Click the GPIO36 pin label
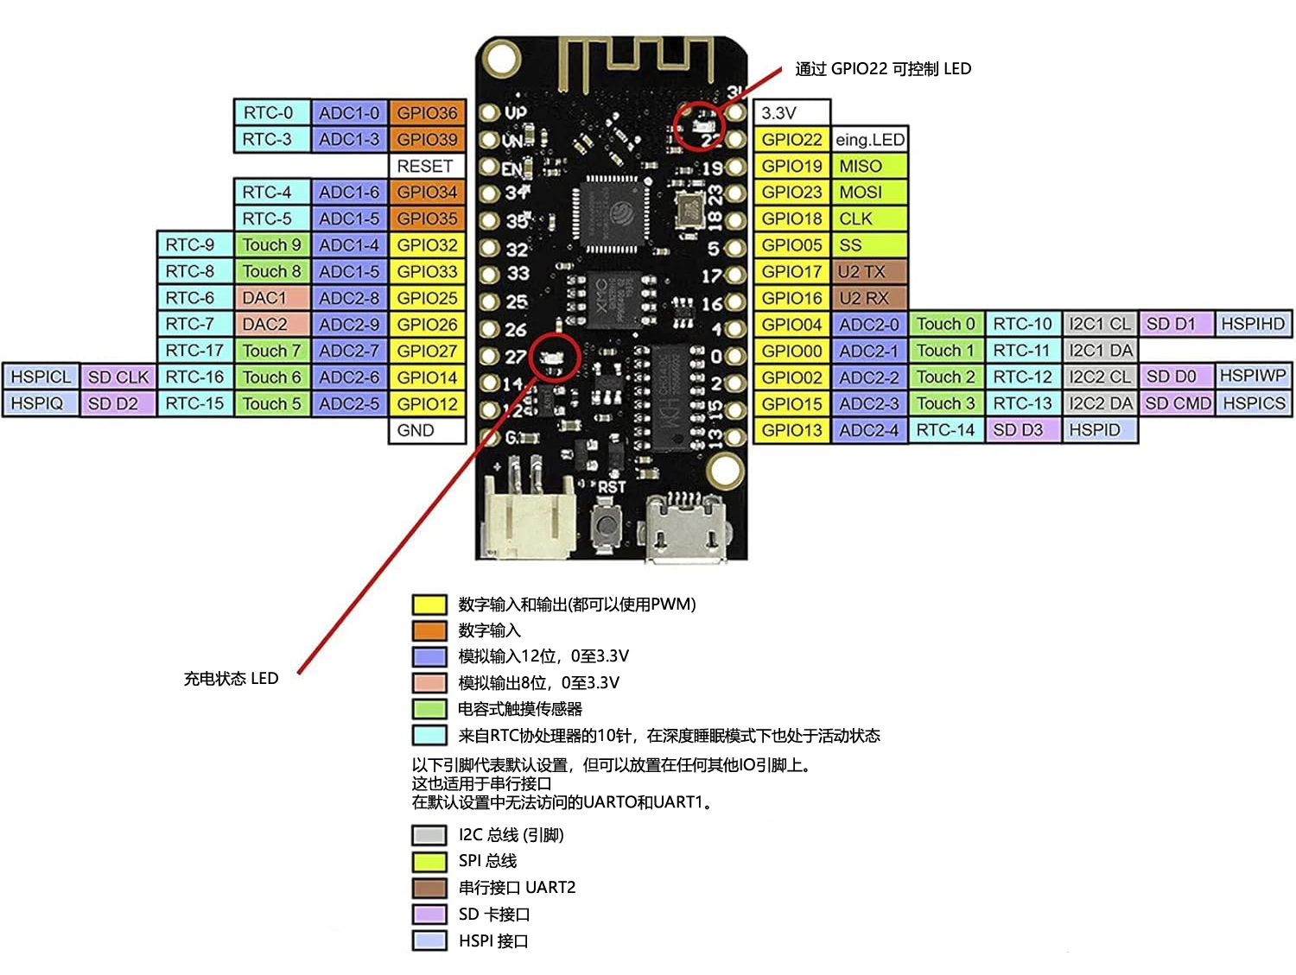coord(427,113)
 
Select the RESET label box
coord(427,166)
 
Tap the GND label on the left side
coord(427,430)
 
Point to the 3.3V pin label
coord(791,113)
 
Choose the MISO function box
coord(869,166)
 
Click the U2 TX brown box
coord(869,272)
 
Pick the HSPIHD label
coord(1253,324)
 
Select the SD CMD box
coord(1177,403)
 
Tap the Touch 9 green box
coord(271,245)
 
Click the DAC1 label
coord(271,298)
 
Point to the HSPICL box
coord(41,377)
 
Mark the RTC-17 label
coord(194,351)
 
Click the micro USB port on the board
coord(685,529)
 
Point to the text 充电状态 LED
coord(231,679)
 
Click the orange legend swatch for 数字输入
coord(429,630)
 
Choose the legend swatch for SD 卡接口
coord(429,914)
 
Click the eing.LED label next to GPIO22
coord(869,140)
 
